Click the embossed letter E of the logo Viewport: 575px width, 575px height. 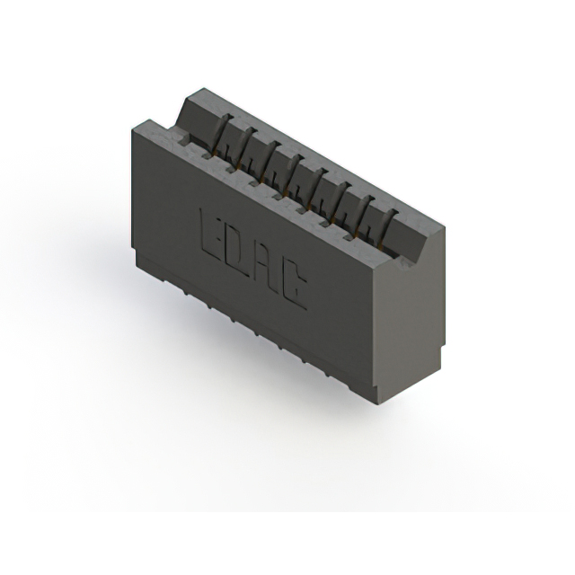coord(209,232)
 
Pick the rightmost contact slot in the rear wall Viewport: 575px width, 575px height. coord(387,227)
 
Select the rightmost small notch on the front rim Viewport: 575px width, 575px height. coord(349,236)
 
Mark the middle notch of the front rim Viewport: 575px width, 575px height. coord(279,197)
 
